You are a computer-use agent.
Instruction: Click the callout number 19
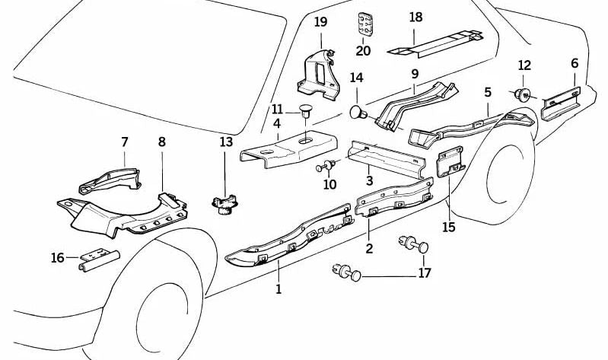click(320, 21)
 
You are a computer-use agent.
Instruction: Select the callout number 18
click(415, 17)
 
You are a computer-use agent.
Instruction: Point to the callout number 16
click(58, 258)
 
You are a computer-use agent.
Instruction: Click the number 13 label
click(226, 142)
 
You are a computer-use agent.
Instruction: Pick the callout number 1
click(279, 288)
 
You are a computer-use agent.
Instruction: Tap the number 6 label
click(575, 63)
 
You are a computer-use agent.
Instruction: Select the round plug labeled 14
click(358, 113)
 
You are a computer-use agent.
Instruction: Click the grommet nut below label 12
click(523, 94)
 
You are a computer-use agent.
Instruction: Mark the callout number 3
click(368, 180)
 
